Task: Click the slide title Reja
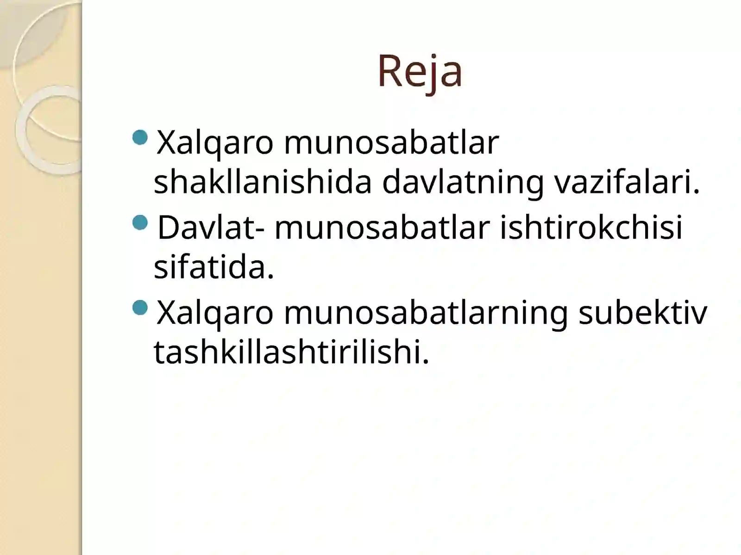[420, 72]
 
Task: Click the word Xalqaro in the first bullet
[215, 142]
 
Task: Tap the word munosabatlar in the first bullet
[391, 142]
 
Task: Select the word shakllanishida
[263, 182]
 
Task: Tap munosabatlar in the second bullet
[382, 228]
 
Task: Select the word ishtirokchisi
[591, 228]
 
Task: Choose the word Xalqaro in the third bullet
[215, 313]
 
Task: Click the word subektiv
[643, 313]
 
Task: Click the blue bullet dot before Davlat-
[140, 223]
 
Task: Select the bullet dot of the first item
[140, 137]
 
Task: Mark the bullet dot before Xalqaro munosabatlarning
[140, 308]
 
